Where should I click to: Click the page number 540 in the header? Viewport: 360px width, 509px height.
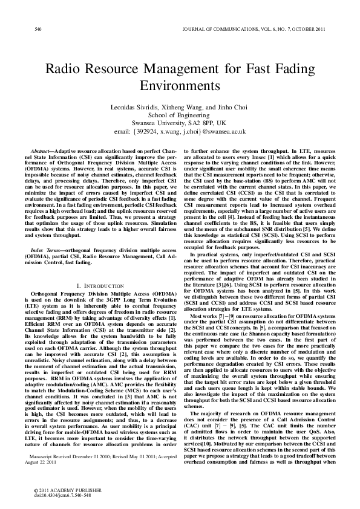pyautogui.click(x=38, y=29)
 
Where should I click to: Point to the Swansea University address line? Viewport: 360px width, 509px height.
pyautogui.click(x=179, y=123)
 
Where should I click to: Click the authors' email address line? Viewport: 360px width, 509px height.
pyautogui.click(x=179, y=131)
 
